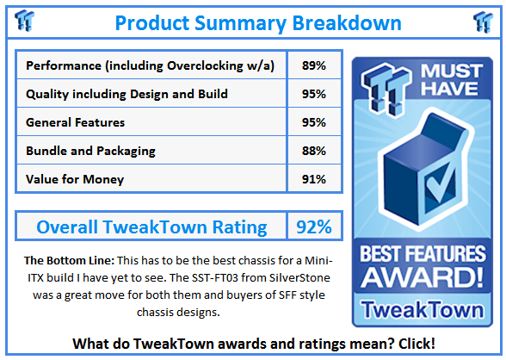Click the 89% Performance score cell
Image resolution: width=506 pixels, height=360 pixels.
click(313, 65)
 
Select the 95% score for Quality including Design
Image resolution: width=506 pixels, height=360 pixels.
click(313, 94)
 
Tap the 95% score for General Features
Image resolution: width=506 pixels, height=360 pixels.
click(313, 122)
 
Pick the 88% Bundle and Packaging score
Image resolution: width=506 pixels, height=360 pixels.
click(313, 151)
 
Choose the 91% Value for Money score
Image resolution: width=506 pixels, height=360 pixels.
click(313, 179)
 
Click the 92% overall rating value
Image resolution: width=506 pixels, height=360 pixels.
click(313, 227)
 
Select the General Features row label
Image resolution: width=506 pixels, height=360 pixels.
click(76, 122)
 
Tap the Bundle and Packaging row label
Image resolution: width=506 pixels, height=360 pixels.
click(90, 151)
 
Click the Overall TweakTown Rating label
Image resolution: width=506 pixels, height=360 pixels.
click(151, 227)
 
